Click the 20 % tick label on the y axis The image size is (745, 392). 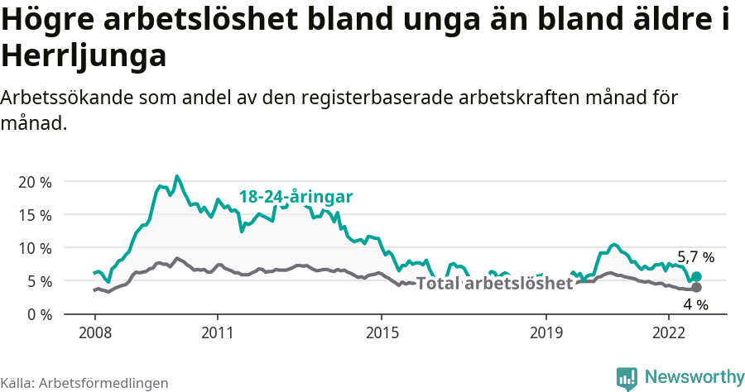[34, 182]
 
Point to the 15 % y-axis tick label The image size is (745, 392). [34, 215]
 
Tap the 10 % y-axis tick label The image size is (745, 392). [34, 248]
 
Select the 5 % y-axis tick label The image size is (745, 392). [38, 281]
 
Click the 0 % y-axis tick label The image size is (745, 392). [38, 314]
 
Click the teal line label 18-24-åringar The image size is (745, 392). [296, 197]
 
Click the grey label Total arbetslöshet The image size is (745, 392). [494, 284]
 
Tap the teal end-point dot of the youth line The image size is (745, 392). [696, 277]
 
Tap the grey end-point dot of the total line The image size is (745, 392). [696, 288]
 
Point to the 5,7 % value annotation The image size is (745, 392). [695, 257]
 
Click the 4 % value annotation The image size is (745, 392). [695, 305]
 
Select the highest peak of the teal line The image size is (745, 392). [176, 176]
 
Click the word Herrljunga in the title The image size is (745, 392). [84, 56]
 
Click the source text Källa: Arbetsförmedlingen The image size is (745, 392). [84, 383]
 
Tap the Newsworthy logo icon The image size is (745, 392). [627, 378]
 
